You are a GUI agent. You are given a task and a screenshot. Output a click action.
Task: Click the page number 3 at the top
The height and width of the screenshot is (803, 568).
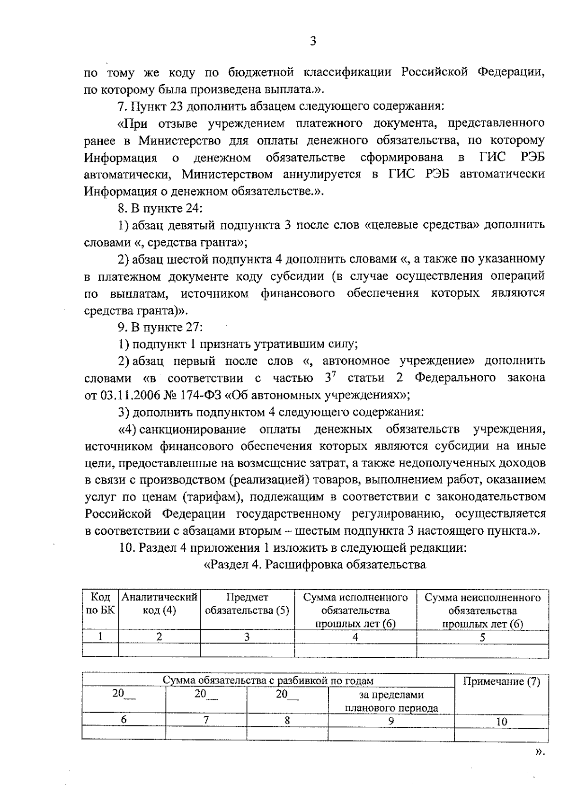[312, 41]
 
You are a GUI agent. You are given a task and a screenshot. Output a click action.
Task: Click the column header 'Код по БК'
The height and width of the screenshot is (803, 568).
[100, 604]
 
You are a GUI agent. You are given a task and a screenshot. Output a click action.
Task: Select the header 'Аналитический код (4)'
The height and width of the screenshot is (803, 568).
[159, 604]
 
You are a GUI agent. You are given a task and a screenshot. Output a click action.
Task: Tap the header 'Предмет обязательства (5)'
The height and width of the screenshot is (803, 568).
[247, 604]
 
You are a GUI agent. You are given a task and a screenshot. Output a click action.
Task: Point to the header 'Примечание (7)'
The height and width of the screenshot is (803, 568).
[501, 681]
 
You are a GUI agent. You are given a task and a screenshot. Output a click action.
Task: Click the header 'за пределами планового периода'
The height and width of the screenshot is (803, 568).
[391, 701]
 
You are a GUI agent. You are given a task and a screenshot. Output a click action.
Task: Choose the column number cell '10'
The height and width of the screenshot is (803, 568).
[502, 722]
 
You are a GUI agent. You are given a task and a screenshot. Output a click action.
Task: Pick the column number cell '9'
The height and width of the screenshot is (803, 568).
[391, 721]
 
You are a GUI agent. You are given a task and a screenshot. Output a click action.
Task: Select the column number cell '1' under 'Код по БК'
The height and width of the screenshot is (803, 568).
[100, 636]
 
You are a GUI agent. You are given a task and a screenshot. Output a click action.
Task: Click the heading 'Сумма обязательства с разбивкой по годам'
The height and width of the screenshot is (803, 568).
[268, 680]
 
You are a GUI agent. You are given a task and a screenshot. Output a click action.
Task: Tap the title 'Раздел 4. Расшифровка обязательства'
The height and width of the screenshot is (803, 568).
[314, 565]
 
